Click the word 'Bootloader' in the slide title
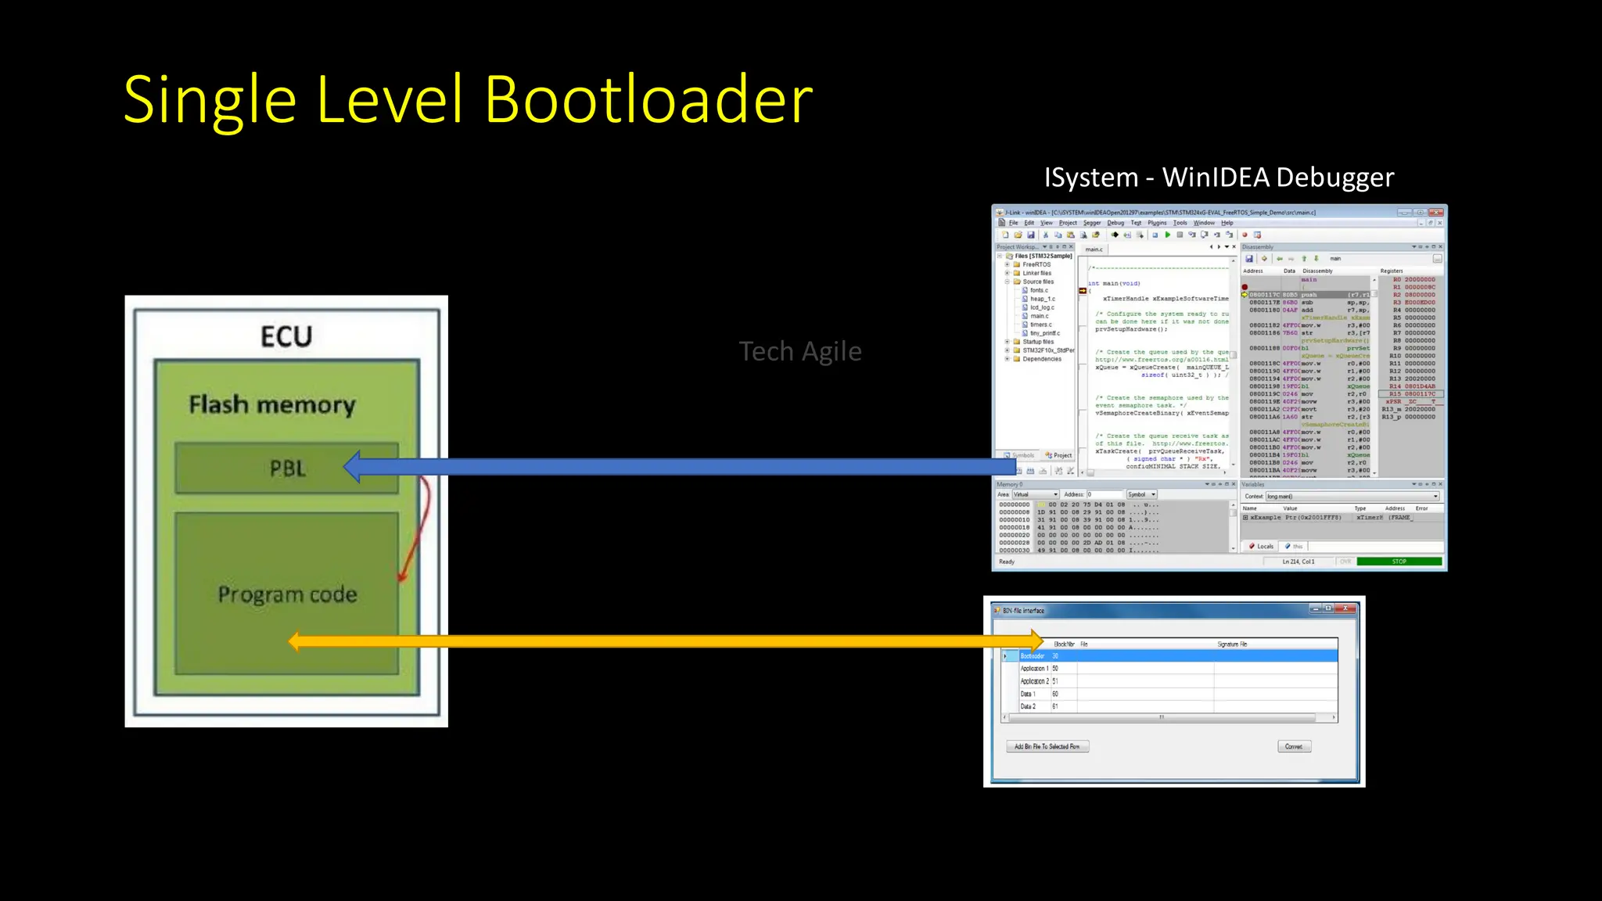648,100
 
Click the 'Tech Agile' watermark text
799,351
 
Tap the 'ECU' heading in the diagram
286,336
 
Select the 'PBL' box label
288,468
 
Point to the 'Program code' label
287,594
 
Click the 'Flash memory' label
272,404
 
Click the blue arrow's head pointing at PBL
354,467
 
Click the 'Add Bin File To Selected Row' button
1047,746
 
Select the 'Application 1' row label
1034,669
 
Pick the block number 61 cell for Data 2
1055,706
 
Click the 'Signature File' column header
1232,644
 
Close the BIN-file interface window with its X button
1345,608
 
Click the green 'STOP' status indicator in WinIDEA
1399,562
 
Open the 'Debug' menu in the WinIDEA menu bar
1115,223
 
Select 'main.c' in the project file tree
1039,316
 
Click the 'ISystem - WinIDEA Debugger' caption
1219,178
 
